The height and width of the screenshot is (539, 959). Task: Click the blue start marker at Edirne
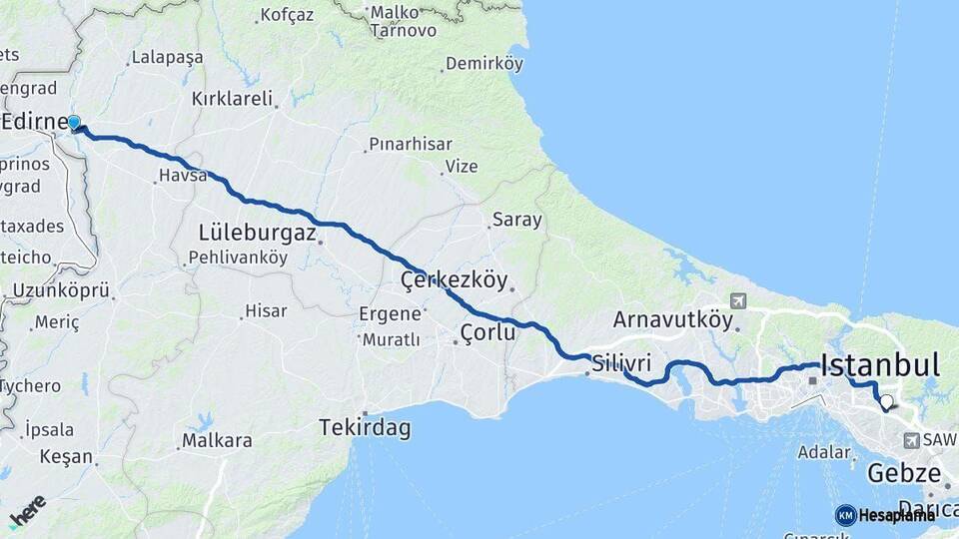pos(74,123)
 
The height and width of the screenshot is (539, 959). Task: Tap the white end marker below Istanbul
pos(885,403)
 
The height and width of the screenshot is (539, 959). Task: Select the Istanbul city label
pos(879,365)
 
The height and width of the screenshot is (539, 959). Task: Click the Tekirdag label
pos(365,428)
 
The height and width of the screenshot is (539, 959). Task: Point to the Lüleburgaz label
pos(257,234)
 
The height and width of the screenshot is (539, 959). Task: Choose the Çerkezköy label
pos(454,280)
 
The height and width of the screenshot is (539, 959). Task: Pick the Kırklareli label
pos(232,99)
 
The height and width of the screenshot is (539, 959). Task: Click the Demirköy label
pos(484,64)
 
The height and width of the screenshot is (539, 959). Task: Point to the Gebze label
pos(904,472)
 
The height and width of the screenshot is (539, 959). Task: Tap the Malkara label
pos(216,440)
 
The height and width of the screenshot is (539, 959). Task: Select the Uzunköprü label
pos(61,291)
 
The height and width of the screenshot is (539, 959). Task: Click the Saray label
pos(517,220)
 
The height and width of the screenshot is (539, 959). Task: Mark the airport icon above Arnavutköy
pos(737,300)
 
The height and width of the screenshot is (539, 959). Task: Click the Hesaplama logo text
pos(896,515)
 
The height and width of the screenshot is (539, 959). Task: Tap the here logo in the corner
pos(27,510)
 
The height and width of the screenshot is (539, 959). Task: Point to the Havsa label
pos(182,176)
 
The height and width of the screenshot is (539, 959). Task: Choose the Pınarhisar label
pos(411,145)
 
